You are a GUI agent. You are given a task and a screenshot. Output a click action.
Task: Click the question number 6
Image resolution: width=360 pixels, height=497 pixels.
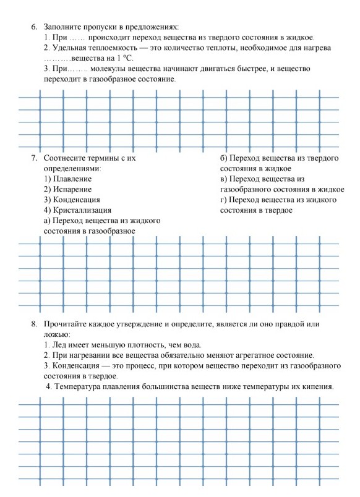[x=34, y=27]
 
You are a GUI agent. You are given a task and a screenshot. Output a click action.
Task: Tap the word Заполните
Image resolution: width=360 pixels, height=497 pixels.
[x=64, y=27]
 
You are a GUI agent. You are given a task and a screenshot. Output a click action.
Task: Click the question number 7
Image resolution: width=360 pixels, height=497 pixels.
[x=34, y=158]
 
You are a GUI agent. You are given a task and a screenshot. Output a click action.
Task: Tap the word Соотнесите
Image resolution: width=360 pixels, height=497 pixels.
[x=66, y=158]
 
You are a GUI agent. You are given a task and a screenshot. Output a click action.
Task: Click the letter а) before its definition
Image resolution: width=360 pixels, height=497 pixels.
[x=47, y=221]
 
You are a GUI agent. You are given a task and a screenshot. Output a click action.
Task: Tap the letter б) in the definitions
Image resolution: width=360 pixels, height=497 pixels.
[x=224, y=158]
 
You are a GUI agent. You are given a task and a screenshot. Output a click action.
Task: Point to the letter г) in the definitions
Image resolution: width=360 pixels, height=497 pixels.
[x=223, y=200]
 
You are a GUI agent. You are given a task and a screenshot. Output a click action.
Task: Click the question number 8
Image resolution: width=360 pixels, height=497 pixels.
[x=34, y=323]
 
